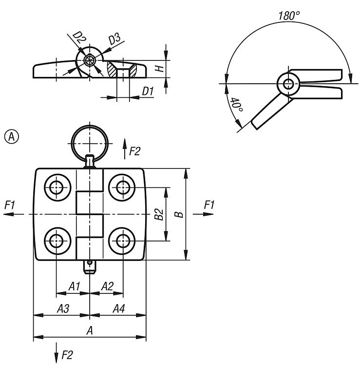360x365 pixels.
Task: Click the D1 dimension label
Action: (x=148, y=91)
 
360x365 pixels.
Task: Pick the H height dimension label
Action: (x=158, y=69)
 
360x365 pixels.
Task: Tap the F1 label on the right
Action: (x=209, y=205)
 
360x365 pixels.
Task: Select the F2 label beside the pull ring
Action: (x=134, y=151)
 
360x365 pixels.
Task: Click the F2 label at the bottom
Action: (x=67, y=355)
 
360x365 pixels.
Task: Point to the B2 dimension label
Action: (x=158, y=214)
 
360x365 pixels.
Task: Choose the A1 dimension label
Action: (x=74, y=286)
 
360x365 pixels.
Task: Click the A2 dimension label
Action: (x=107, y=286)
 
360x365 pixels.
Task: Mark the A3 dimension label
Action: (x=63, y=308)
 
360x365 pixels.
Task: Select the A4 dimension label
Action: (x=119, y=308)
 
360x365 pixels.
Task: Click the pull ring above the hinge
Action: (x=89, y=141)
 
